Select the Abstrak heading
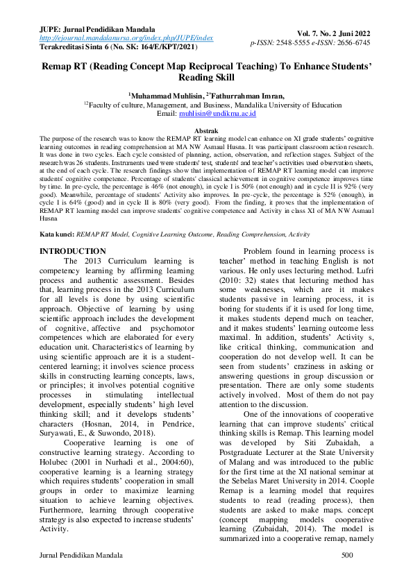pyautogui.click(x=206, y=130)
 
